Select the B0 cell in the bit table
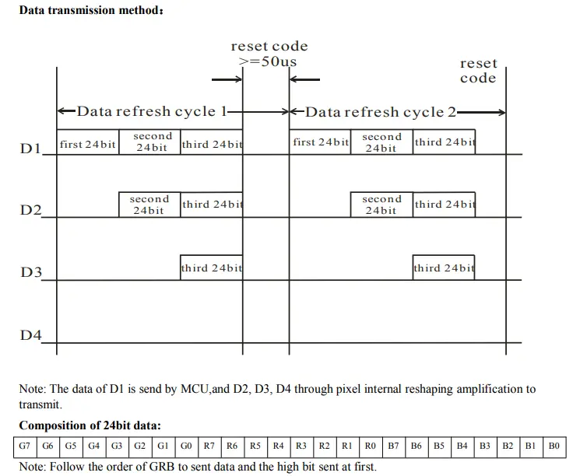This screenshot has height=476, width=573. pyautogui.click(x=554, y=446)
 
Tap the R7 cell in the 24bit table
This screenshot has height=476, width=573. pyautogui.click(x=209, y=446)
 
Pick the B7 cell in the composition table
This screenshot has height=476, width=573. pyautogui.click(x=393, y=446)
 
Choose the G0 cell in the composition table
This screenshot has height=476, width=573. pyautogui.click(x=186, y=446)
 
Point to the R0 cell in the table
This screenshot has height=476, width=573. pyautogui.click(x=371, y=446)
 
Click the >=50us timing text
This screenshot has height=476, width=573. pyautogui.click(x=267, y=61)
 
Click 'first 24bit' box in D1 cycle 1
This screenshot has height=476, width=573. pyautogui.click(x=87, y=143)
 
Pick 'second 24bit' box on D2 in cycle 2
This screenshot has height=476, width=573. pyautogui.click(x=381, y=205)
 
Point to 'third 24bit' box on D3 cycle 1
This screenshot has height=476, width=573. pyautogui.click(x=212, y=268)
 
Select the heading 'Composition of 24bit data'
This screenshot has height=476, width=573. pyautogui.click(x=90, y=425)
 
